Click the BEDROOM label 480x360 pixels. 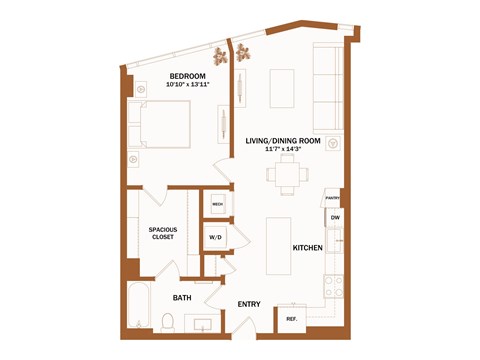click(x=187, y=76)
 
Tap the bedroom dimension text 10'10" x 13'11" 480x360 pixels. click(x=187, y=85)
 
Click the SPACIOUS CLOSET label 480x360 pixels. click(x=162, y=233)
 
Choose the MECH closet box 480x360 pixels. click(x=217, y=204)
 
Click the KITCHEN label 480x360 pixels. click(x=306, y=247)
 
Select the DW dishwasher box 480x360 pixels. click(x=334, y=217)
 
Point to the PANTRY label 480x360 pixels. click(x=333, y=198)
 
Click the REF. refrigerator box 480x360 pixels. click(x=292, y=319)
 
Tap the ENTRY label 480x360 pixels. click(x=249, y=304)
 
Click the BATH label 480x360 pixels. click(x=182, y=298)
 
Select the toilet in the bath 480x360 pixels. click(x=169, y=322)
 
